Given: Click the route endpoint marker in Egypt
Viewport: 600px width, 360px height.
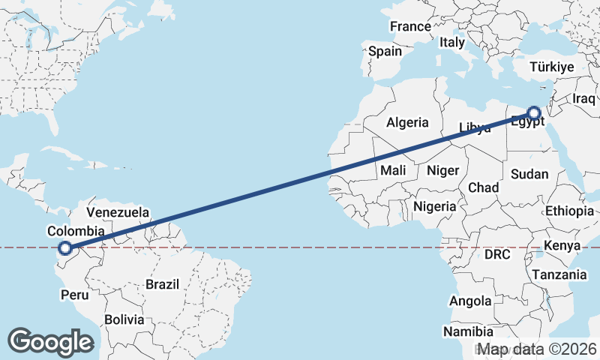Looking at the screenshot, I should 533,113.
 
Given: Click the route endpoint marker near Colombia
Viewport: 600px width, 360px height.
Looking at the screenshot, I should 65,247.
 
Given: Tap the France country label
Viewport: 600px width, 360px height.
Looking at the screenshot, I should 410,26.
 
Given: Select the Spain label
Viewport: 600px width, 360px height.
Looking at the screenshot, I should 385,52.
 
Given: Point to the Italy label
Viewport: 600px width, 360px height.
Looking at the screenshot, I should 452,43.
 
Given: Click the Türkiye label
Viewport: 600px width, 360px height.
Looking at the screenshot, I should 551,67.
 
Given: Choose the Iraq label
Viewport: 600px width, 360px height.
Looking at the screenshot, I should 583,98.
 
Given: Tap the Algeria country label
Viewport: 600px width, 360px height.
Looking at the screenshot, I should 407,122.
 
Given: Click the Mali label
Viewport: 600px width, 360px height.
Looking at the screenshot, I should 392,170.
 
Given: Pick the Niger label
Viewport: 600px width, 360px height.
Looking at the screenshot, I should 442,170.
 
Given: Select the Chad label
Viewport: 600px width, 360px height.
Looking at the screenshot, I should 483,187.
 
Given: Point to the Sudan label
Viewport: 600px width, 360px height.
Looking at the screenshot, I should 530,174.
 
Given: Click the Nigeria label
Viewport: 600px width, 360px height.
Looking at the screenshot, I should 434,206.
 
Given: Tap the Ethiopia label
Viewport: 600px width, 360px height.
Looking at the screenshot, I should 570,211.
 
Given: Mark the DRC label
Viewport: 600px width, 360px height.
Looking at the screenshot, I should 497,255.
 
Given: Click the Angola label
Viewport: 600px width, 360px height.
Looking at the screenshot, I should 470,301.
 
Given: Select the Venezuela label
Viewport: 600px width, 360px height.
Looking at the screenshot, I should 118,212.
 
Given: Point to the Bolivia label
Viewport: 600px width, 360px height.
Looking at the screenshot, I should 124,319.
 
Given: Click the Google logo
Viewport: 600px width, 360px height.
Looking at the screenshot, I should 50,342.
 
